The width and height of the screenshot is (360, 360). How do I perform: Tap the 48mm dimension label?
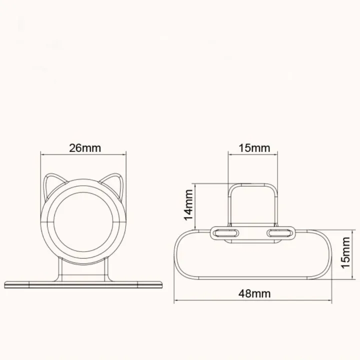(254, 293)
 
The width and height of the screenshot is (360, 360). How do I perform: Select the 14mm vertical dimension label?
(188, 205)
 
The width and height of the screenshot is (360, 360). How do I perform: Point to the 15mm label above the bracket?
(254, 148)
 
